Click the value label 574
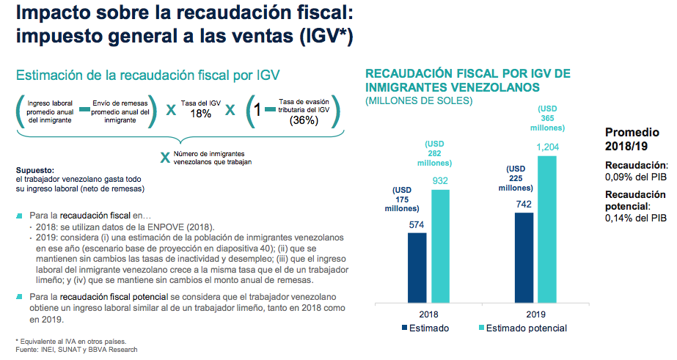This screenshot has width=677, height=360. (x=416, y=226)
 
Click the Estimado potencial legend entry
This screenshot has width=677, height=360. (x=522, y=328)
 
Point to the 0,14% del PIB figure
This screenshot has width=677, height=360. (x=636, y=218)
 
